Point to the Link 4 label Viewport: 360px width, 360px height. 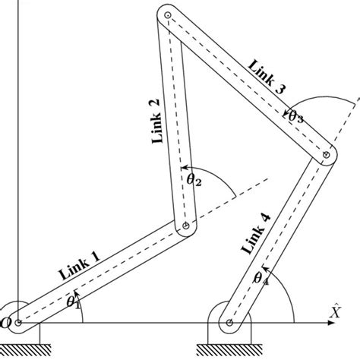(254, 235)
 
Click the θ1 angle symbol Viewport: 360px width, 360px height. (74, 302)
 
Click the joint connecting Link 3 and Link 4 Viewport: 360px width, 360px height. (326, 155)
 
